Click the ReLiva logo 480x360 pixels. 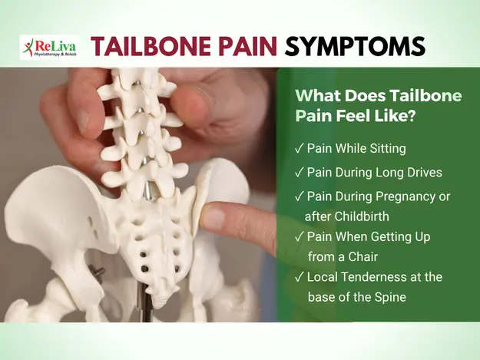coord(50,48)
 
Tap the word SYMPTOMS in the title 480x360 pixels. coord(355,46)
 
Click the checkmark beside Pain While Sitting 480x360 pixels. coord(299,148)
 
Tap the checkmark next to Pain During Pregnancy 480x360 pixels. coord(299,196)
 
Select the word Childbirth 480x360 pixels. coord(362,216)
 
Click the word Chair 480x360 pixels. coord(362,256)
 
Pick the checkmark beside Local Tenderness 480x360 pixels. coord(299,277)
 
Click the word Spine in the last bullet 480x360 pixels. coord(390,297)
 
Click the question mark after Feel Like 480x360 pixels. coord(411,116)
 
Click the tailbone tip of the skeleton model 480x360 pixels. coord(160,304)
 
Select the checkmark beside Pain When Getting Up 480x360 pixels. coord(299,236)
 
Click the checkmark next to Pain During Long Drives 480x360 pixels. coord(299,173)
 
